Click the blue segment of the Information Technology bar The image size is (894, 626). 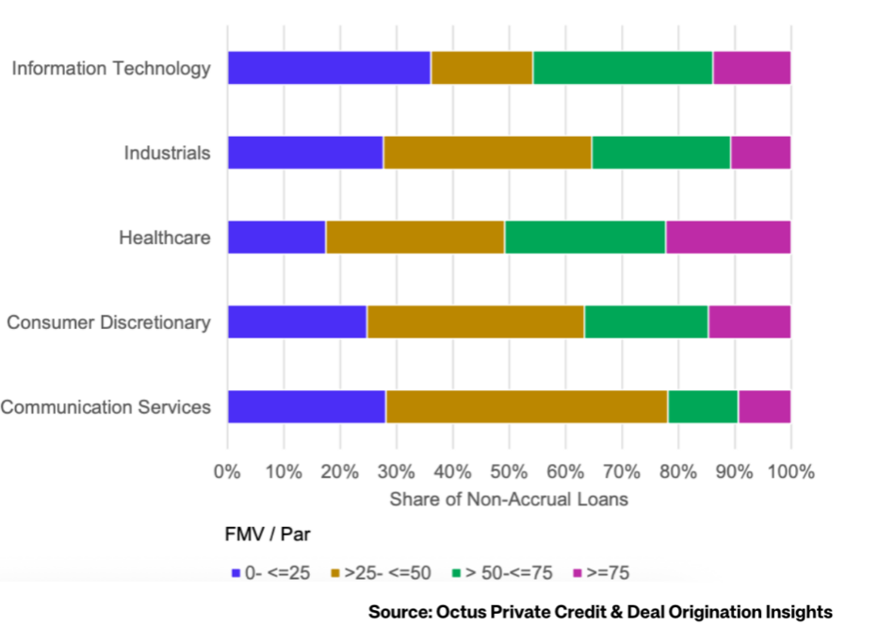point(329,68)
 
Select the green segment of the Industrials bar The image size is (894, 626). point(660,153)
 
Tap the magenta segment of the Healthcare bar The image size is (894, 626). point(727,238)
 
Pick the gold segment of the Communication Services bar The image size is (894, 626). point(527,406)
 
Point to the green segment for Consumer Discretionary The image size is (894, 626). point(645,322)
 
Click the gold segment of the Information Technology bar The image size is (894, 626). point(481,68)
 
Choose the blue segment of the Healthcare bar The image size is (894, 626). point(276,238)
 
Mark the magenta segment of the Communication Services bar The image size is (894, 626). point(764,406)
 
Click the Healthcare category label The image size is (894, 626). point(164,238)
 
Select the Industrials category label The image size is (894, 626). point(167,153)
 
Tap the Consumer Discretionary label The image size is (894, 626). point(108,322)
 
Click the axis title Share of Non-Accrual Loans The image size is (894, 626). point(509,500)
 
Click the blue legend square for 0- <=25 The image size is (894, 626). point(236,572)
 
